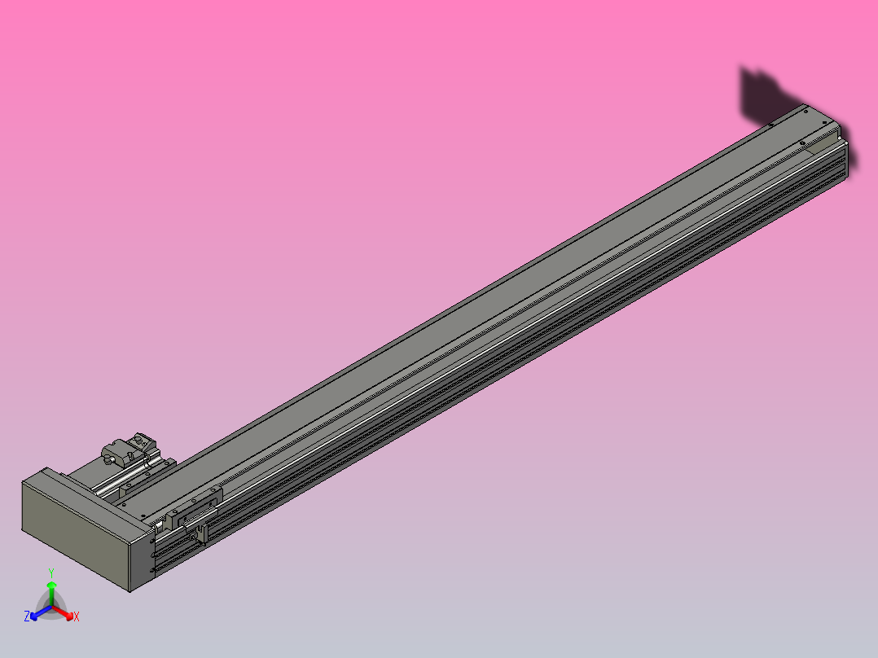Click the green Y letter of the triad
point(51,572)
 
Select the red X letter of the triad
point(77,617)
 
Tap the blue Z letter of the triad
point(27,616)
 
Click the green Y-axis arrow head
point(51,585)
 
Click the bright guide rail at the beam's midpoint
point(505,335)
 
